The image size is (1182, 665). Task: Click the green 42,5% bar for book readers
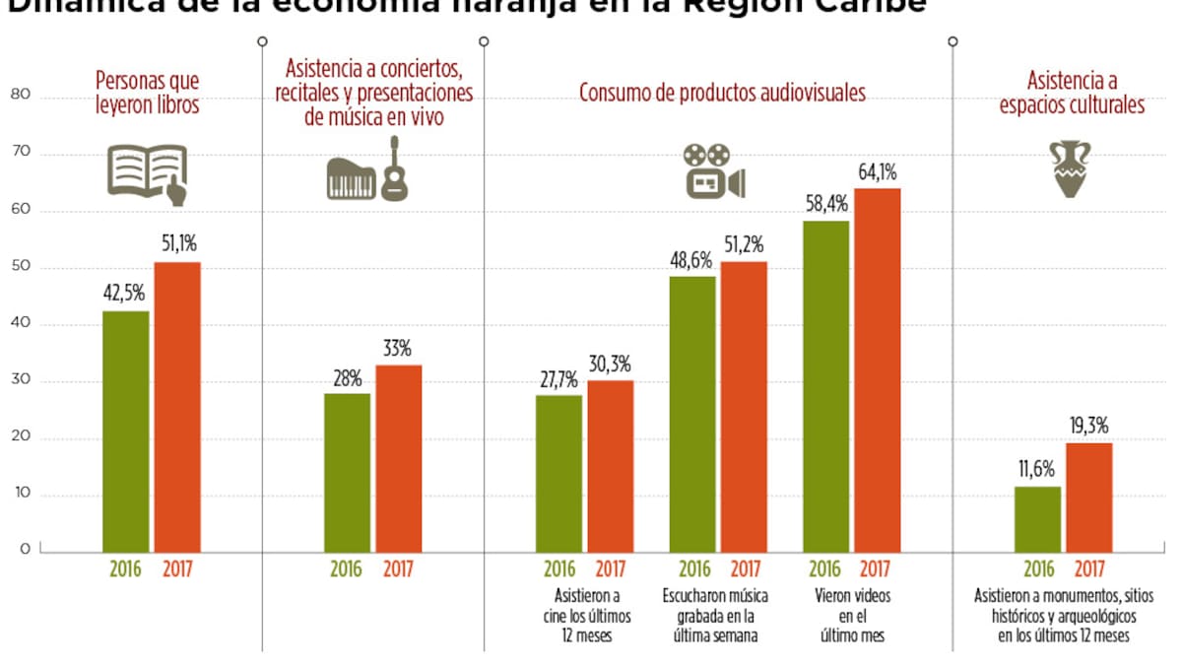coord(126,431)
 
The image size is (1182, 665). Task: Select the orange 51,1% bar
coord(177,406)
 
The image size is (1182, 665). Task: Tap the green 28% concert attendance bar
coord(347,472)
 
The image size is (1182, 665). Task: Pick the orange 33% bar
coord(398,458)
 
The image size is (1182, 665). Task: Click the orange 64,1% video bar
coord(877,369)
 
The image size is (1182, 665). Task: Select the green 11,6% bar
coord(1038,518)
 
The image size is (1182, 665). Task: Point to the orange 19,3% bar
coord(1089,497)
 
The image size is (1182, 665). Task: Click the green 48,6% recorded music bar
coord(692,414)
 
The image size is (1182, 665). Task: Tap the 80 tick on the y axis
coord(20,96)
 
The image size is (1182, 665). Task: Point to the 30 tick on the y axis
coord(20,381)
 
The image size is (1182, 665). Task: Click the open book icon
coord(147,174)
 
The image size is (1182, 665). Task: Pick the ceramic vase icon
coord(1072,168)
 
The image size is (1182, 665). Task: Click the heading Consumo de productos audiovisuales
coord(722,94)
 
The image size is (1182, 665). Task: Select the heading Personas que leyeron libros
coord(148,93)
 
